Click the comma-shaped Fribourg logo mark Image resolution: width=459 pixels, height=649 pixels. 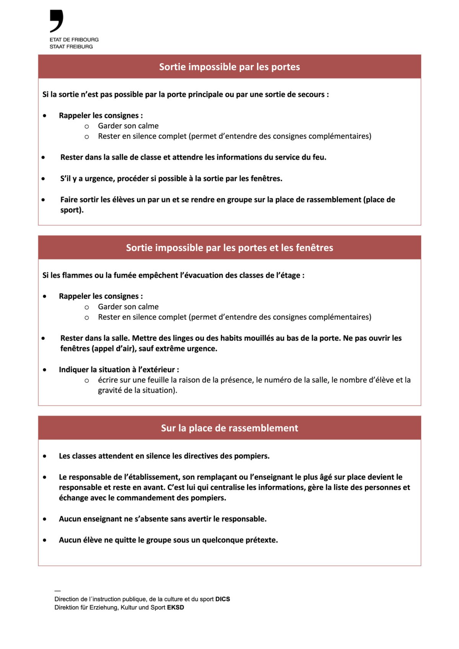click(57, 21)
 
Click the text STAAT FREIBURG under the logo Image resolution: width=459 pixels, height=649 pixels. click(71, 47)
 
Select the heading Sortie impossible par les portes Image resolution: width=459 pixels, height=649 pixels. click(229, 67)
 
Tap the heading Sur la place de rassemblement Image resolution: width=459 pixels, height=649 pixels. click(229, 428)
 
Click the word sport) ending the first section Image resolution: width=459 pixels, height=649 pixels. click(72, 210)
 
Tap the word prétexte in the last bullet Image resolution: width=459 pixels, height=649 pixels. click(261, 540)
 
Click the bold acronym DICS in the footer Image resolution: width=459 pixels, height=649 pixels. click(223, 599)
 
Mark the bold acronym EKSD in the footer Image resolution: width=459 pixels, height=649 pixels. click(176, 607)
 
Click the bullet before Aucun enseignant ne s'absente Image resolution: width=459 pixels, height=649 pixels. click(45, 519)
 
